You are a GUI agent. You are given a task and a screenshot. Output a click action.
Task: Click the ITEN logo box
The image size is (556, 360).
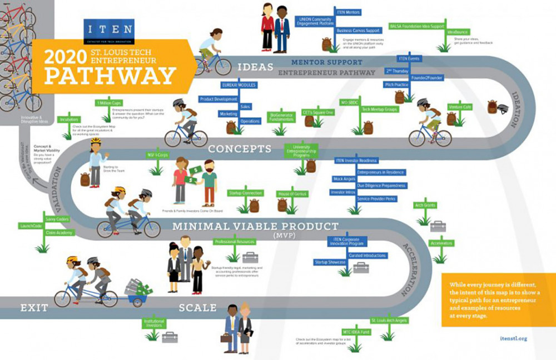[x=108, y=32]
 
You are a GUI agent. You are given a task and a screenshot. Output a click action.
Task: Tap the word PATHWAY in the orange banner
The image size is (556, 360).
[x=110, y=74]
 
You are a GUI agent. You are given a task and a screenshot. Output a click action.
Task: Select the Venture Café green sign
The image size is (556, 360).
[x=459, y=107]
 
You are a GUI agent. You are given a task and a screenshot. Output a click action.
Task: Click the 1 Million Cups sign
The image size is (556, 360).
[x=110, y=103]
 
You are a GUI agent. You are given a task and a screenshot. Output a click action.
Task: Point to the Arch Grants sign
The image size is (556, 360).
[x=424, y=205]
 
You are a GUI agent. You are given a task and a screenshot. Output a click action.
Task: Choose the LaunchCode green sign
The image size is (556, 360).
[x=32, y=226]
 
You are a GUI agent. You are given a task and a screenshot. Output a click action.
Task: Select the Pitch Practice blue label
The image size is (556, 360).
[x=396, y=84]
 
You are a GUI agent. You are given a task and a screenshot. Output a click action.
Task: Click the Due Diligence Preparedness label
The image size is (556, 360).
[x=381, y=186]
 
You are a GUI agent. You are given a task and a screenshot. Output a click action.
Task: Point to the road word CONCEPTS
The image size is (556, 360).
[x=240, y=149]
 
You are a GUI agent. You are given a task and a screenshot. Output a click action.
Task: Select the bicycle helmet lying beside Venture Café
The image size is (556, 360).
[x=502, y=109]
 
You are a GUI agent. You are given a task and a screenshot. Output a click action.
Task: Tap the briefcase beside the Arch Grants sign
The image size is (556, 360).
[x=438, y=226]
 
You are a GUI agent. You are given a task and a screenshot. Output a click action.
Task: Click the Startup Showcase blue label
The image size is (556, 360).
[x=330, y=262]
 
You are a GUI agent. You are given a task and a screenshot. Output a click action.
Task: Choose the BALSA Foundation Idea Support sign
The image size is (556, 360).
[x=417, y=26]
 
